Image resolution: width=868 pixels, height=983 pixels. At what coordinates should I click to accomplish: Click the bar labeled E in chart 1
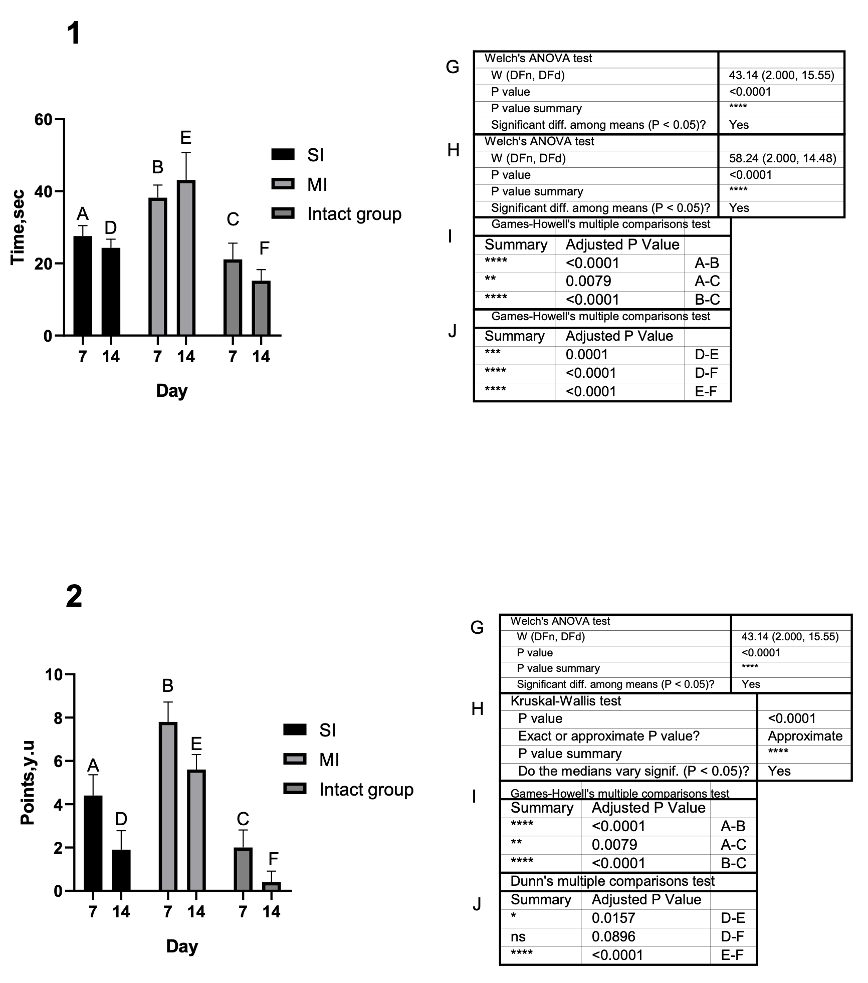point(186,258)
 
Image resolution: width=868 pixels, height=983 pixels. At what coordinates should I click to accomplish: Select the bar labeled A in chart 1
point(83,286)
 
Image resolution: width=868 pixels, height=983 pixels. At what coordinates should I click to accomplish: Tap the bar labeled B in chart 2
point(168,807)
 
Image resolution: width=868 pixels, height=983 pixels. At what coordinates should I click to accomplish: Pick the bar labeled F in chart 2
point(271,886)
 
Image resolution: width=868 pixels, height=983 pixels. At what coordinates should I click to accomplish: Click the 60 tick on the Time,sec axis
point(44,120)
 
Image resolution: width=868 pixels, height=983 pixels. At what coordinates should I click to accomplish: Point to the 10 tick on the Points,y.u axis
point(54,675)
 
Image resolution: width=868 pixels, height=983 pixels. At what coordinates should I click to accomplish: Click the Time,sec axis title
point(18,227)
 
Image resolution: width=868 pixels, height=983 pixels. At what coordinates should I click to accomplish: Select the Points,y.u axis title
point(28,783)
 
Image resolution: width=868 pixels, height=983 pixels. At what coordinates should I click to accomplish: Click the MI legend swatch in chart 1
point(283,184)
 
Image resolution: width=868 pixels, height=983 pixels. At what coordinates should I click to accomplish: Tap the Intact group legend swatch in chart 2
point(295,789)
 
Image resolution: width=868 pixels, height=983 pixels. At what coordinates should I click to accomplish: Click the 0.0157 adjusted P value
point(613,918)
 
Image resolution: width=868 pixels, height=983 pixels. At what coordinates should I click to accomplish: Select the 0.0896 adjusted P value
point(613,936)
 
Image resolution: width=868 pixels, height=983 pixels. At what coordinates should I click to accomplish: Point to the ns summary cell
point(518,936)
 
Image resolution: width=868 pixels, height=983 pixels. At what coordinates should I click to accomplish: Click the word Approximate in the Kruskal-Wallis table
point(805,736)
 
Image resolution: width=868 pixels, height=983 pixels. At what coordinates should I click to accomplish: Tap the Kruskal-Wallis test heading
point(566,701)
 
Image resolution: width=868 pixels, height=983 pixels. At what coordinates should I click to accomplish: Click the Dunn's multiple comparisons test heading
point(612,881)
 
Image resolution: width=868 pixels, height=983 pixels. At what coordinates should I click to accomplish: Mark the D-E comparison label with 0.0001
point(707,355)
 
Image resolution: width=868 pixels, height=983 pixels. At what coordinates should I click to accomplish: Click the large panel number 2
point(74,597)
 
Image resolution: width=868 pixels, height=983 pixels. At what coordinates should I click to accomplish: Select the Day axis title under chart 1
point(171,390)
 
